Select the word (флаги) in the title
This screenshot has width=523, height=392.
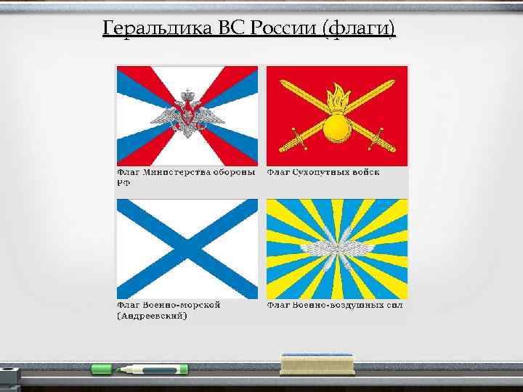pyautogui.click(x=360, y=28)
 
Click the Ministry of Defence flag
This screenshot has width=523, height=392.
pyautogui.click(x=187, y=115)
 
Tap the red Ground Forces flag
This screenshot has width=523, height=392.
pyautogui.click(x=337, y=115)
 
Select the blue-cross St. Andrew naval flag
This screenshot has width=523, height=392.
pyautogui.click(x=187, y=248)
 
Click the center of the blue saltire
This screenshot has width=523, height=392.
pyautogui.click(x=187, y=248)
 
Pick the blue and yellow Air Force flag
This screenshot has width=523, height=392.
pyautogui.click(x=337, y=248)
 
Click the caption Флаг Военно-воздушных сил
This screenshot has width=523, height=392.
pyautogui.click(x=334, y=305)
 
